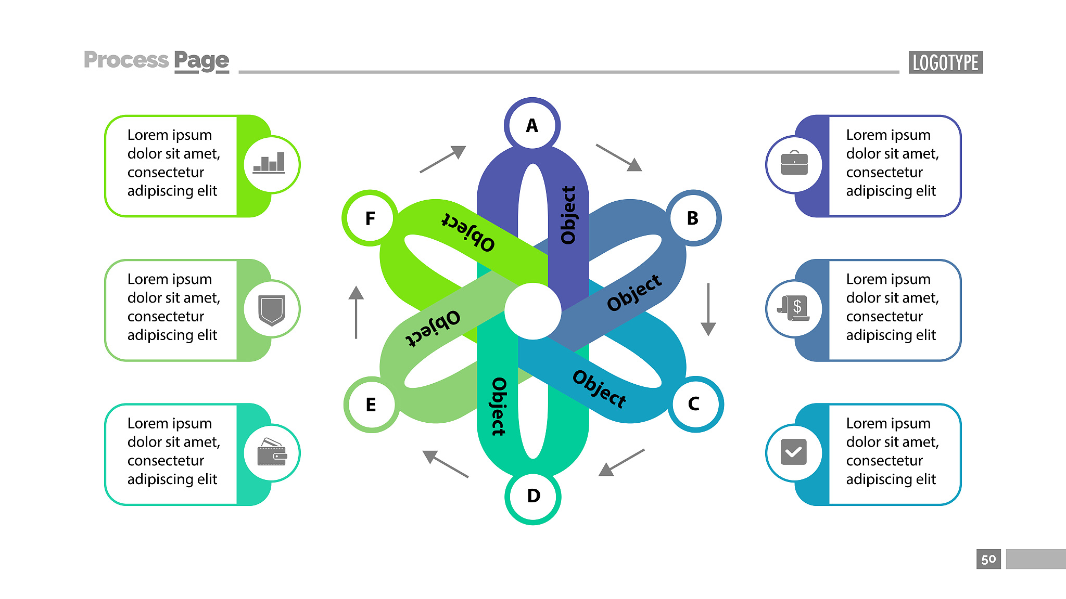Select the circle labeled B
(x=693, y=218)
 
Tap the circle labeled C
(x=694, y=404)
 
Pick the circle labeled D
(x=533, y=496)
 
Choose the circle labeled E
(x=371, y=405)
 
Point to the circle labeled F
(x=370, y=218)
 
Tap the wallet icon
(x=272, y=452)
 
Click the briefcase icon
(x=794, y=163)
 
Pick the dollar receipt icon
(x=794, y=308)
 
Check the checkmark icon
(x=794, y=452)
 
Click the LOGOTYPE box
(x=945, y=62)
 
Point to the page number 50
(x=988, y=559)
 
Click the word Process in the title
(x=126, y=60)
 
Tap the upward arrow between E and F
(x=356, y=312)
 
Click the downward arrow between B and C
(x=708, y=309)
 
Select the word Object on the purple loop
(x=568, y=215)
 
